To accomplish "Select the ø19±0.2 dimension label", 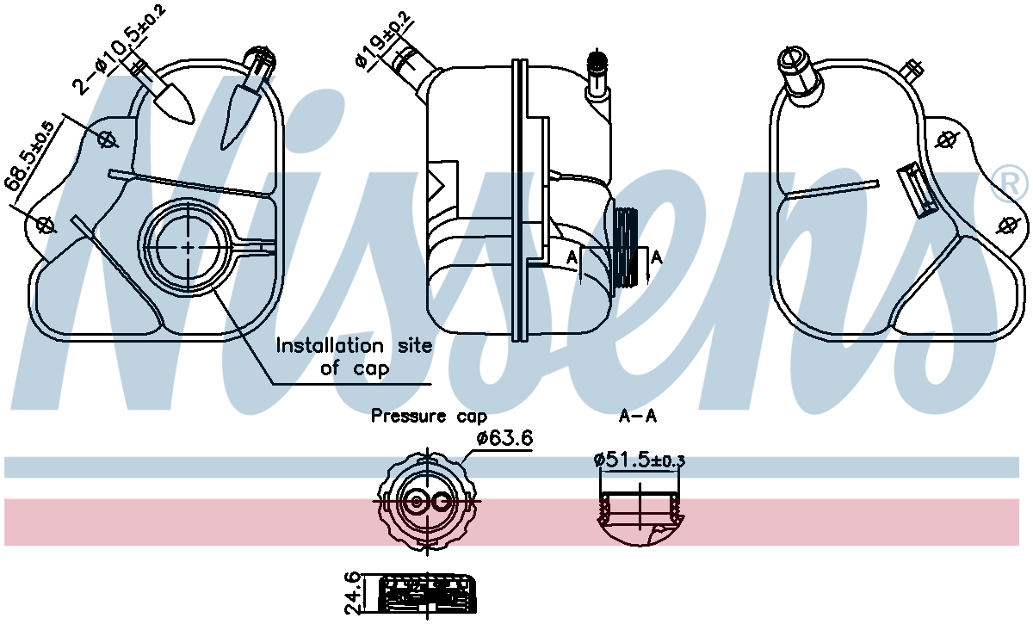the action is [382, 41].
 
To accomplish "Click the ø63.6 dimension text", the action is [504, 438].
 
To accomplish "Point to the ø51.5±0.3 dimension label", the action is [640, 460].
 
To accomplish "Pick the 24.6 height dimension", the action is [353, 593].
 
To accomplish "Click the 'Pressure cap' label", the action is [429, 417].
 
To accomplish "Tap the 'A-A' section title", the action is [638, 417].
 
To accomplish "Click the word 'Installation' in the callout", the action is [330, 345].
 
